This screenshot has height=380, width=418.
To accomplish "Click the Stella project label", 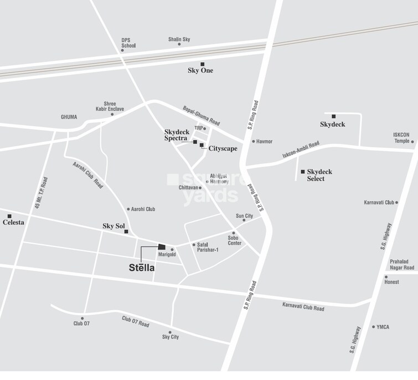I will (142, 268).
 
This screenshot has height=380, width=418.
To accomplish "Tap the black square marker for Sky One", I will (203, 64).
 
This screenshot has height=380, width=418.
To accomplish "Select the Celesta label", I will (13, 222).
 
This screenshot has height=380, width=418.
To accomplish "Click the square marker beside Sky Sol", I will (126, 232).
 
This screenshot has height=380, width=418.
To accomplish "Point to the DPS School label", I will (128, 43).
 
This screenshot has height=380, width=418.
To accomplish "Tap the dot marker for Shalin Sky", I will (179, 44).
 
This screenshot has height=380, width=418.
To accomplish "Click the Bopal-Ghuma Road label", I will (202, 115).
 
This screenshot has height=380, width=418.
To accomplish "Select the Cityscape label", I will (223, 148).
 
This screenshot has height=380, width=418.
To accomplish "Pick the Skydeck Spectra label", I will (177, 135).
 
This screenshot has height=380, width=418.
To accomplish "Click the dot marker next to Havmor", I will (254, 141).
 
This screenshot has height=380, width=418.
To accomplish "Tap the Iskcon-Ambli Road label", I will (301, 150).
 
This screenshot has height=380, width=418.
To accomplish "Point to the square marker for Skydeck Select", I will (303, 172).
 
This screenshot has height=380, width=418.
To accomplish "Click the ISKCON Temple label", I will (401, 137).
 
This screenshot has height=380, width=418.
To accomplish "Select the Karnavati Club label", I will (379, 202).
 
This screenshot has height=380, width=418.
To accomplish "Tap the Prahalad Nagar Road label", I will (402, 264).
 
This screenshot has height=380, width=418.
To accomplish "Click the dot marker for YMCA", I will (373, 327).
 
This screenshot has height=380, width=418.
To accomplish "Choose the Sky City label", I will (171, 337).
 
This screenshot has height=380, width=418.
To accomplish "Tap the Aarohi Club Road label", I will (87, 175).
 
